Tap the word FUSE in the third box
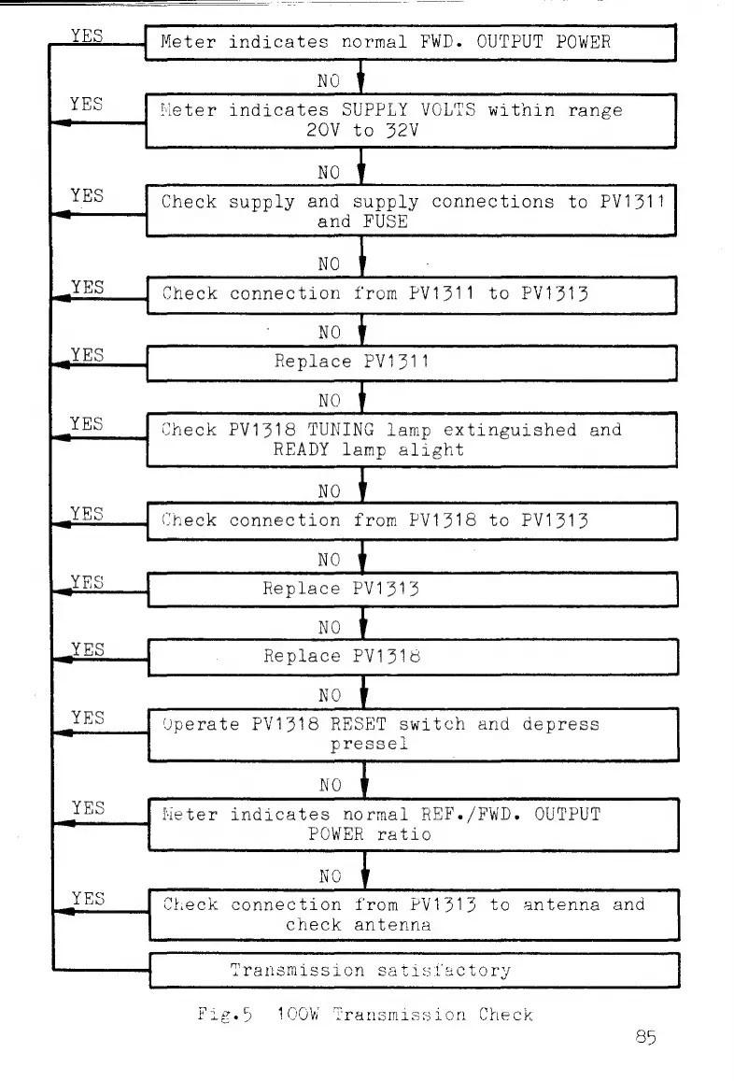tap(386, 222)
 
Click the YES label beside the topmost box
tap(88, 35)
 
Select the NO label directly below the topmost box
tap(329, 80)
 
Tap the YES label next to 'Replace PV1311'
tap(88, 354)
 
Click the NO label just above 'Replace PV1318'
tap(330, 627)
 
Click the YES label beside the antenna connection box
tap(88, 898)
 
